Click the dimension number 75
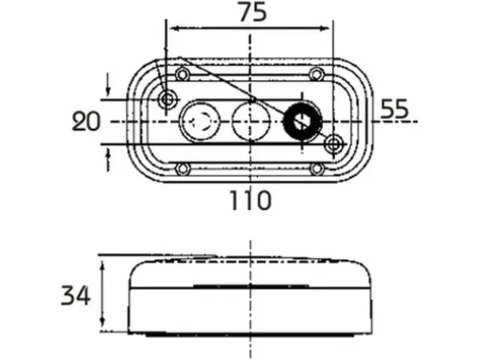[x=253, y=12]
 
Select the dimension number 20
[x=86, y=121]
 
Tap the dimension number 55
[x=394, y=109]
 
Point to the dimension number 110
[x=250, y=200]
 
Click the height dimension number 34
[x=76, y=295]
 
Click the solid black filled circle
[x=302, y=121]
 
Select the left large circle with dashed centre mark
[x=200, y=121]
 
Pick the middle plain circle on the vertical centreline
[x=251, y=121]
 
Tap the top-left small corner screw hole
[x=182, y=74]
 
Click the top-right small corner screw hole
[x=316, y=74]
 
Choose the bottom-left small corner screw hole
[x=182, y=169]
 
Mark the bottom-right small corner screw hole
[x=316, y=169]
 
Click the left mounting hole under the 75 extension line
[x=167, y=99]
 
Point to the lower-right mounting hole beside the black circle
[x=334, y=144]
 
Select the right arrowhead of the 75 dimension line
[x=325, y=28]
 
